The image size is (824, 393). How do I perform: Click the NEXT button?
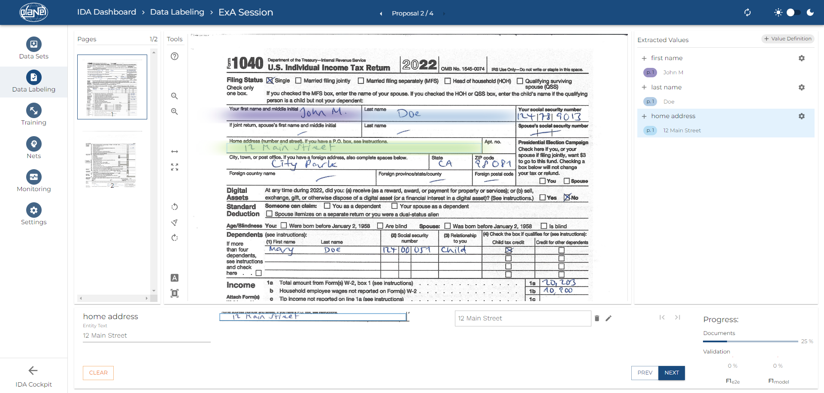(671, 373)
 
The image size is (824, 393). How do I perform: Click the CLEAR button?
(98, 373)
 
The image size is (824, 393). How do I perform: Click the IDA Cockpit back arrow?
(33, 371)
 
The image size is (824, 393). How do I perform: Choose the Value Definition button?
(788, 39)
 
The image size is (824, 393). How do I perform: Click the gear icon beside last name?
(801, 87)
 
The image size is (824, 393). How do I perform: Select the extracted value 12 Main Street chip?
(682, 131)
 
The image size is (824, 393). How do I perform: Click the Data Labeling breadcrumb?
(177, 12)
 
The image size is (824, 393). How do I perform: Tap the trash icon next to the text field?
(597, 318)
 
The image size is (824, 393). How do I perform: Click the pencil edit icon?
(609, 318)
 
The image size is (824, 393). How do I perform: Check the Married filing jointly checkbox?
(298, 81)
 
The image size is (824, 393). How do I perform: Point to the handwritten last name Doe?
(409, 114)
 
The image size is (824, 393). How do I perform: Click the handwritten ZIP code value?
(493, 164)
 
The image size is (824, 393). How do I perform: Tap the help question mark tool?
(175, 56)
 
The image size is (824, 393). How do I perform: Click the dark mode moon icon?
(810, 12)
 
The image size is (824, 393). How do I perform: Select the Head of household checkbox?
(448, 81)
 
